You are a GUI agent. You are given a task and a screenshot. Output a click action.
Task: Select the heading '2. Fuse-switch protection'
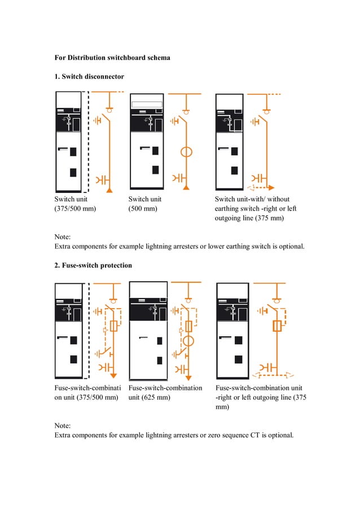click(93, 265)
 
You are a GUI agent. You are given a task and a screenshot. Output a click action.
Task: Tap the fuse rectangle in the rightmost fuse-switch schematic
click(277, 326)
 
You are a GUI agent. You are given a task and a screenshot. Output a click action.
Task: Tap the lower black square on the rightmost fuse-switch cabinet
click(239, 359)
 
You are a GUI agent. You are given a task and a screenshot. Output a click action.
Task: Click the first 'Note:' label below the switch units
click(63, 237)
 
